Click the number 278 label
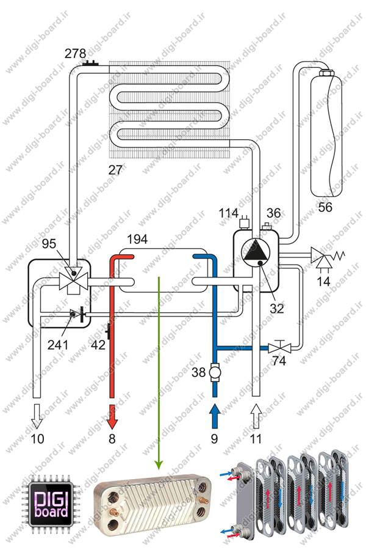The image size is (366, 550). point(75,53)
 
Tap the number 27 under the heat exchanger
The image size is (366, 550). point(115,170)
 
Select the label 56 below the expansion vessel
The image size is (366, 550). point(325,207)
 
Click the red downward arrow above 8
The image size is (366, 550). point(112,417)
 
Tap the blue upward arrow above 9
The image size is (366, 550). point(214,416)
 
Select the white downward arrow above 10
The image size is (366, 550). point(37,416)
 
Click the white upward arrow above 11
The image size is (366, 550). point(256,416)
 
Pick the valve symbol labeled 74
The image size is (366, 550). point(279,347)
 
